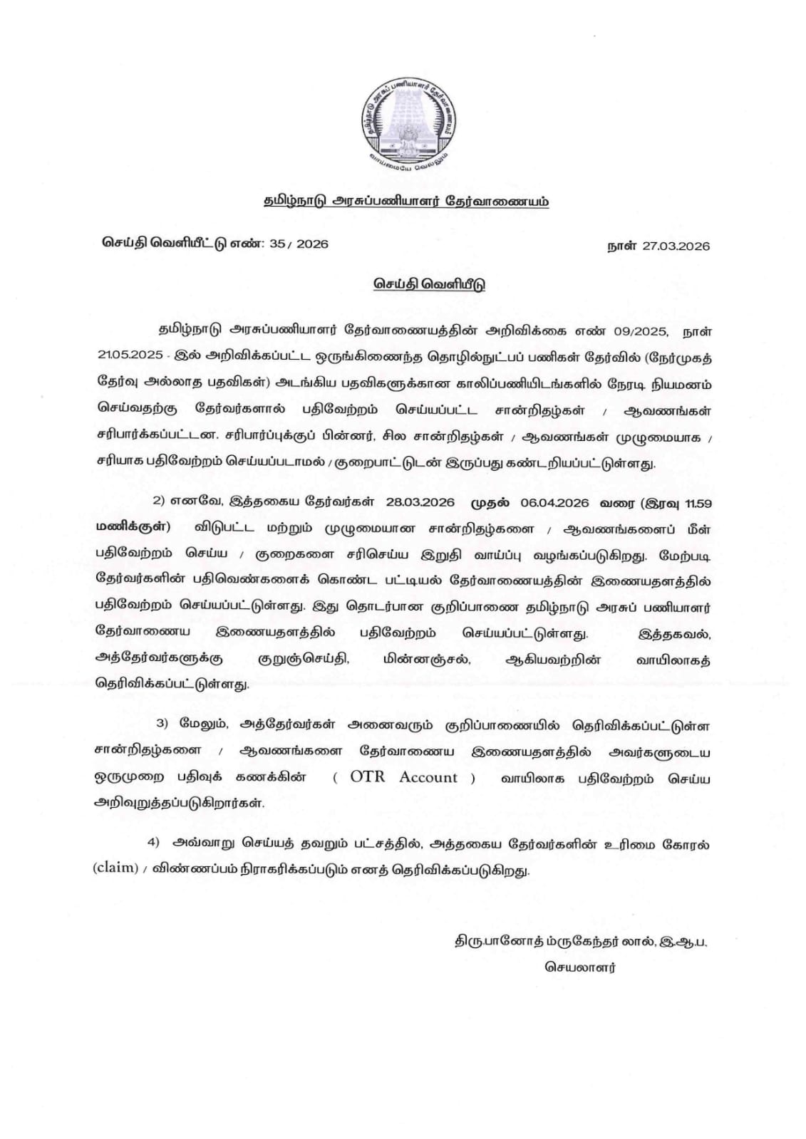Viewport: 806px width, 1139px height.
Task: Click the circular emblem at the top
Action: click(404, 122)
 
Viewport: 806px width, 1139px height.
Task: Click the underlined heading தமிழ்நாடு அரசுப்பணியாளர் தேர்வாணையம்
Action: click(405, 202)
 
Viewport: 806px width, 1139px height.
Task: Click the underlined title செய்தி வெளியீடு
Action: click(430, 284)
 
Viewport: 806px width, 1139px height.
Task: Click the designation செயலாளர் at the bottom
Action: click(581, 967)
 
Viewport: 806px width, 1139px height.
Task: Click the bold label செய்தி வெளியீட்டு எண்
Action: click(180, 244)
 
